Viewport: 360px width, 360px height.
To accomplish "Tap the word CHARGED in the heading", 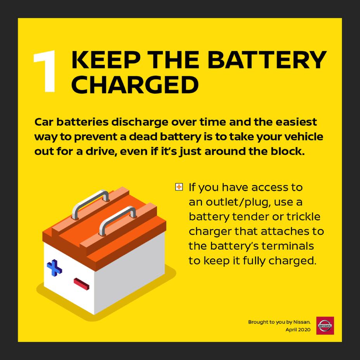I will tap(135, 85).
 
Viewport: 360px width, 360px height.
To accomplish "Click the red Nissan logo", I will tap(325, 325).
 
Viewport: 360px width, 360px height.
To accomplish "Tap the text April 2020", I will tap(298, 330).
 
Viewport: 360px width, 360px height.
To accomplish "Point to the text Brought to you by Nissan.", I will tap(280, 322).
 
